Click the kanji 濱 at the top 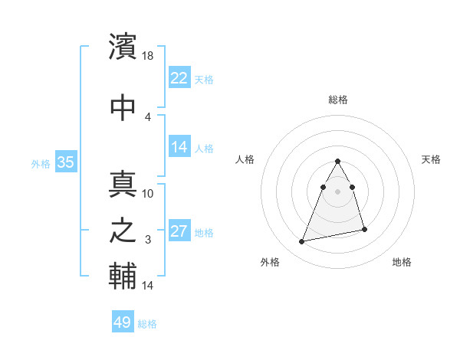tap(123, 47)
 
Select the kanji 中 tap(123, 107)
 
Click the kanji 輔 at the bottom tap(123, 277)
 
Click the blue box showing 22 tap(179, 78)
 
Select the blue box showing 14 tap(179, 148)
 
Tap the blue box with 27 tap(179, 232)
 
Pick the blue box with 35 tap(65, 162)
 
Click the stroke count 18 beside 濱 tap(149, 56)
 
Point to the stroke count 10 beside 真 tap(149, 194)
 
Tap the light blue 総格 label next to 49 tap(147, 325)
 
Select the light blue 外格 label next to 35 tap(41, 163)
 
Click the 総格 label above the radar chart tap(338, 100)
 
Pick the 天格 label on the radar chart tap(432, 159)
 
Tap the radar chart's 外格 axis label tap(270, 262)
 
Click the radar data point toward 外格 tap(302, 242)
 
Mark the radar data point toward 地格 tap(365, 230)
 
